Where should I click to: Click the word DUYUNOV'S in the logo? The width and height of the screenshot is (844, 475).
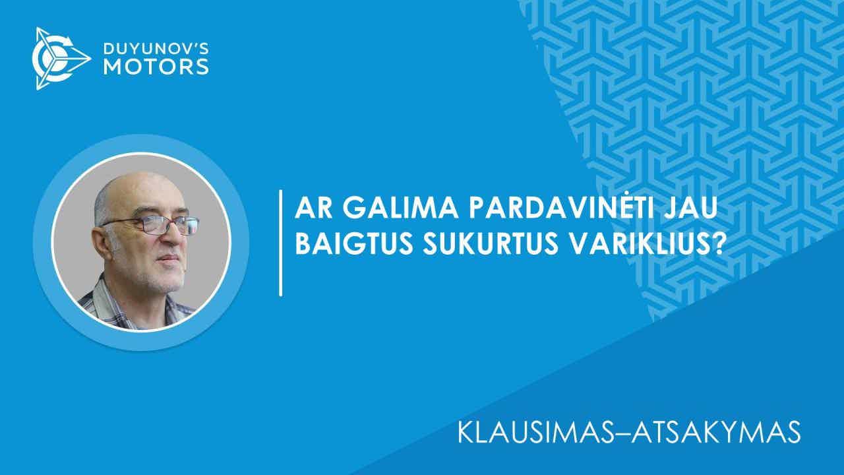(x=156, y=49)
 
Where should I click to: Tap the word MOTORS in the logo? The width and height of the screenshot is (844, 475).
(x=156, y=67)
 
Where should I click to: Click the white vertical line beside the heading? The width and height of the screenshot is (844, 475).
(x=281, y=243)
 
